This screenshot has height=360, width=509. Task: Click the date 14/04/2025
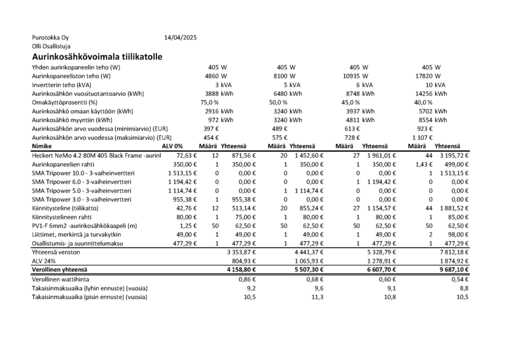[181, 38]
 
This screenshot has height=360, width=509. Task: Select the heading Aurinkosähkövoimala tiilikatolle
[95, 57]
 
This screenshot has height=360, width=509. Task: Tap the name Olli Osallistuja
[51, 46]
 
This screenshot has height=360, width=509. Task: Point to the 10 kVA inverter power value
[435, 85]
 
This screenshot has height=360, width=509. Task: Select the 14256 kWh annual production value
[430, 93]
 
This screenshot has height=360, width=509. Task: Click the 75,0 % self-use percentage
[209, 102]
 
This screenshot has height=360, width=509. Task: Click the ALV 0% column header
[173, 146]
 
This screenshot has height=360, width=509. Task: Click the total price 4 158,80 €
[237, 270]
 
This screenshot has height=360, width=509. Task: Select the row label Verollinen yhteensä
[63, 270]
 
